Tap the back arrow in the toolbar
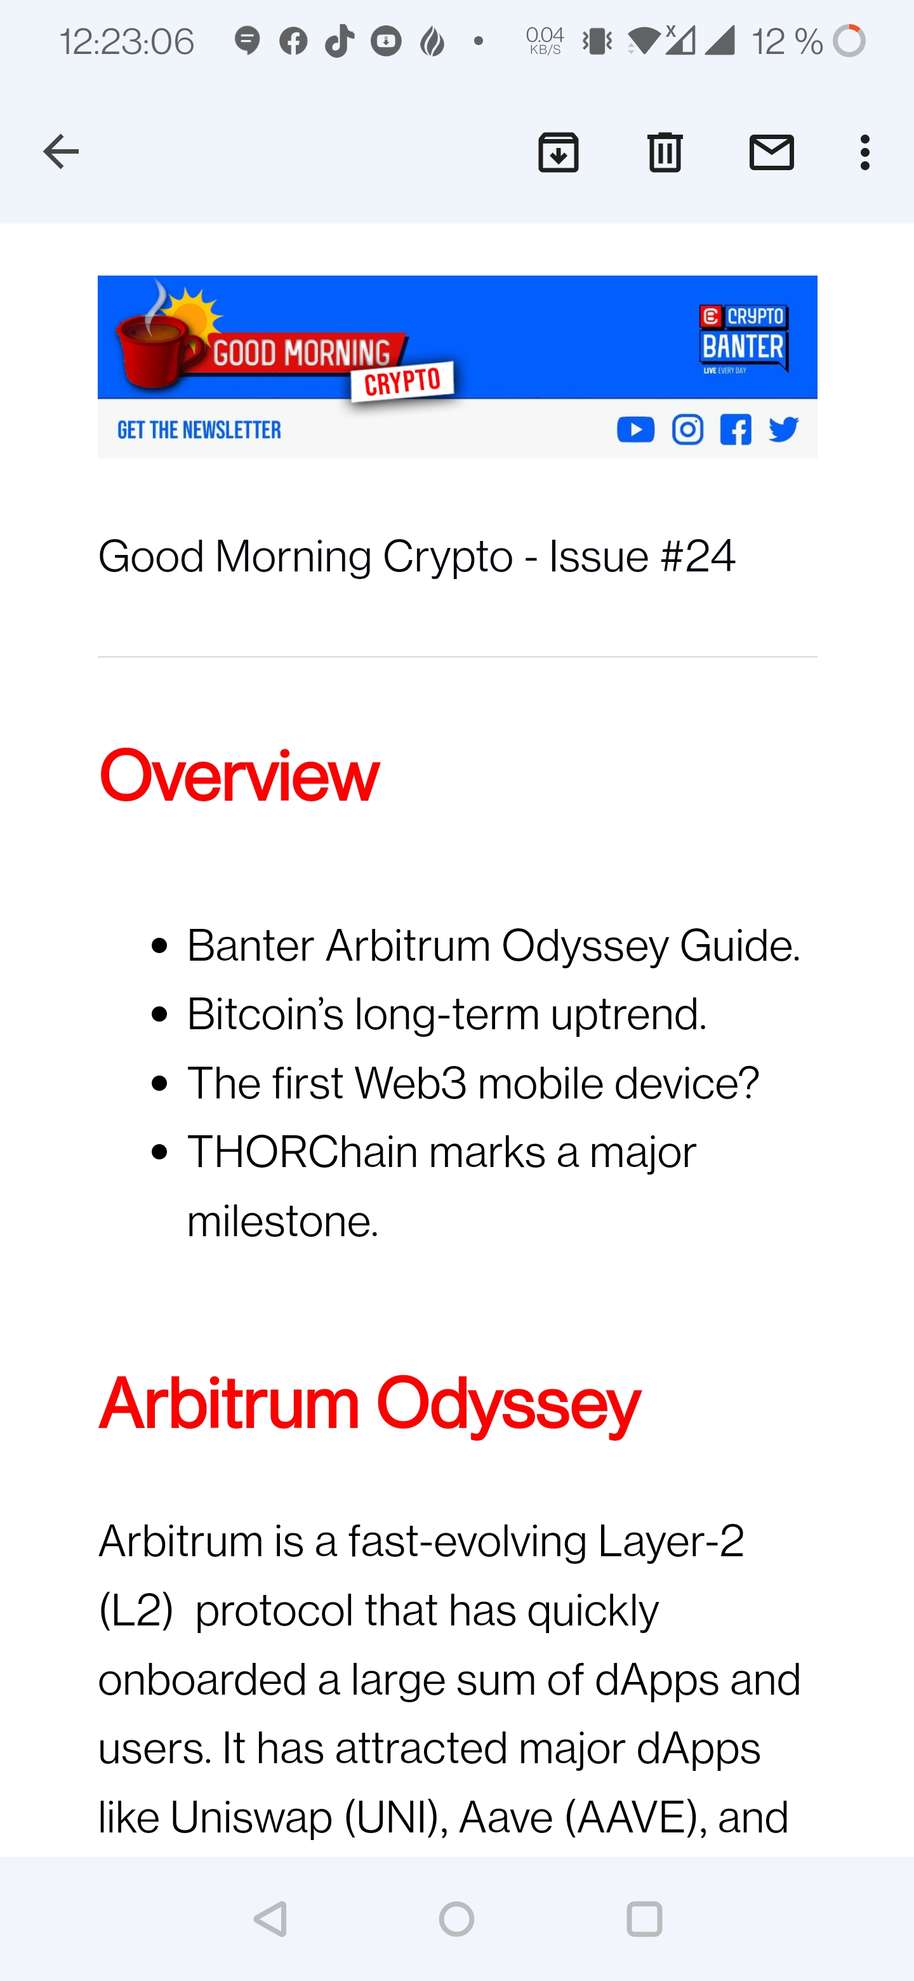[61, 152]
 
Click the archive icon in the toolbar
[558, 152]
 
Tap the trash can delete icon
[665, 152]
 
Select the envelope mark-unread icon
[772, 152]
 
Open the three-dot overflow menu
[864, 152]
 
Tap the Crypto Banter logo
[743, 339]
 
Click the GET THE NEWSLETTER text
[199, 430]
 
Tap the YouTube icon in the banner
[636, 430]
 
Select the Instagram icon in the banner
[687, 430]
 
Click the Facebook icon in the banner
[736, 430]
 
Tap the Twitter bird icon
[783, 430]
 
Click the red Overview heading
[239, 775]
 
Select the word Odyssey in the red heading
[508, 1405]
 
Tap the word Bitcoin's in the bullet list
[265, 1015]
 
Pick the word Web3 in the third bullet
[411, 1084]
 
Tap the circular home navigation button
[456, 1919]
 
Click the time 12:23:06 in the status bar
[127, 41]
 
